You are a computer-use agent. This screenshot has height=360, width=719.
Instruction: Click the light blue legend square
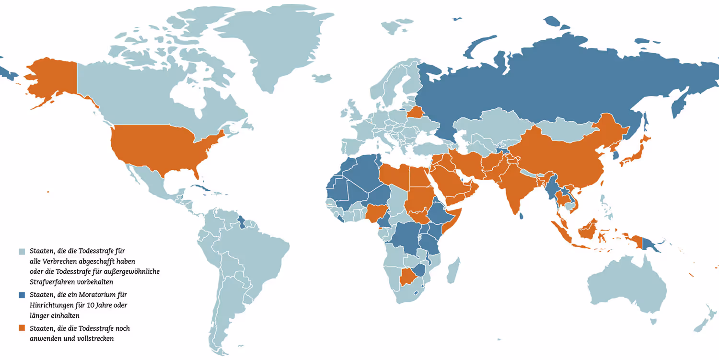tap(22, 251)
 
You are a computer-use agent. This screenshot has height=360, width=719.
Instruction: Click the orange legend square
tap(22, 328)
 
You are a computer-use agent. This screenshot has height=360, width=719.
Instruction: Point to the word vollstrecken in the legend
tap(93, 339)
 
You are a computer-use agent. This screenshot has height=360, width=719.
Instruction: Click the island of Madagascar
tap(453, 270)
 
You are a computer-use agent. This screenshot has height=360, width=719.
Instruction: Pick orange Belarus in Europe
tap(415, 113)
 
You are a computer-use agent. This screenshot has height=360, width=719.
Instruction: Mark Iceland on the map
tap(322, 78)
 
